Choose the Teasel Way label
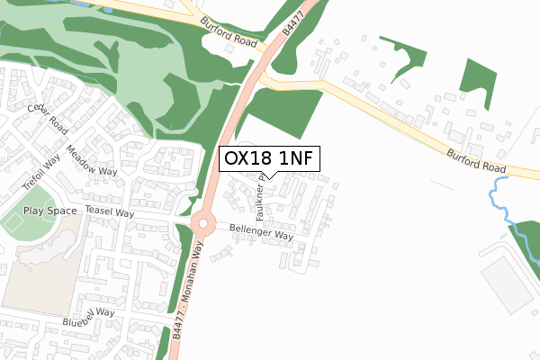[x=109, y=209]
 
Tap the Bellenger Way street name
[x=261, y=233]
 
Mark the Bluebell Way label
[x=89, y=317]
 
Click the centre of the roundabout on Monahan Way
[x=203, y=224]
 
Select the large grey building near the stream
[x=507, y=284]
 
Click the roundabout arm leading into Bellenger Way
[x=221, y=227]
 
